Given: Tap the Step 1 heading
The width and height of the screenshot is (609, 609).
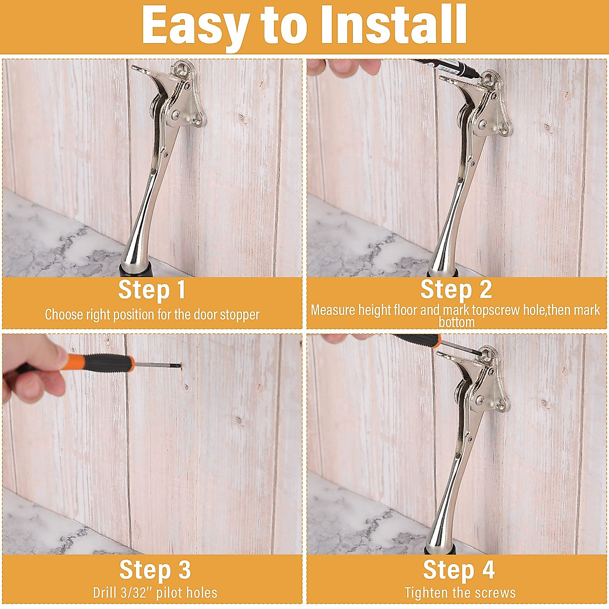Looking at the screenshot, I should pyautogui.click(x=152, y=290).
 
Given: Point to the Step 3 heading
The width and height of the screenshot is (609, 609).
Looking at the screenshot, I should pyautogui.click(x=155, y=569).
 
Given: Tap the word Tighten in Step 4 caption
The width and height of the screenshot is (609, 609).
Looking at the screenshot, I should pyautogui.click(x=426, y=592).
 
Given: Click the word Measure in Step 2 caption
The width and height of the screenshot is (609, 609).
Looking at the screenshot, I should pyautogui.click(x=333, y=310).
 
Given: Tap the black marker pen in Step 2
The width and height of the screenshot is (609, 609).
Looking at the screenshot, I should pyautogui.click(x=447, y=67).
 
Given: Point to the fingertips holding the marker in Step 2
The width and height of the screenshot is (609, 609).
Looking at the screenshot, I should pyautogui.click(x=350, y=66).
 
